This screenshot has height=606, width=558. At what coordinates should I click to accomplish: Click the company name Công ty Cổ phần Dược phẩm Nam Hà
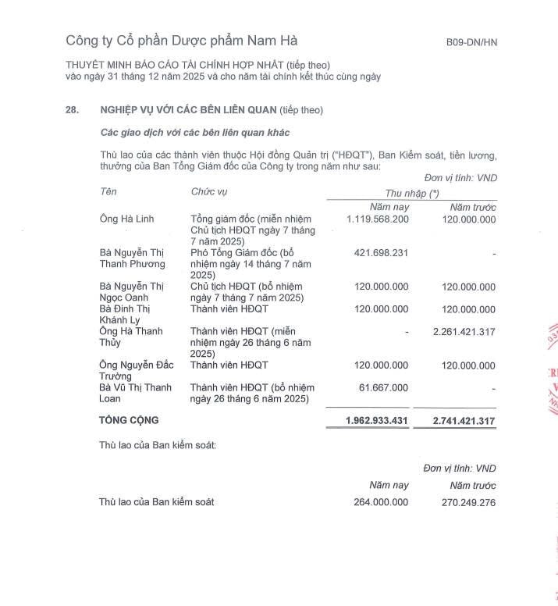click(x=181, y=41)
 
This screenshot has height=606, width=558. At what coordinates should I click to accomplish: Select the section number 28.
click(x=73, y=110)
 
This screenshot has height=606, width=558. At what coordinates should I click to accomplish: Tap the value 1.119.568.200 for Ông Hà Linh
click(x=378, y=219)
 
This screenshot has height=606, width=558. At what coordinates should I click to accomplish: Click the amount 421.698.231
click(x=381, y=253)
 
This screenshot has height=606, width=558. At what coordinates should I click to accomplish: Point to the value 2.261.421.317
click(x=464, y=332)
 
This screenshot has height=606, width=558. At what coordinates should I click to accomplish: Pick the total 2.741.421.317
click(x=464, y=420)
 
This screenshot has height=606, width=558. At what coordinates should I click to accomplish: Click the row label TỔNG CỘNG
click(x=129, y=420)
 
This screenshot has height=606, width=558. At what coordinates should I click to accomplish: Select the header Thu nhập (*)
click(x=411, y=194)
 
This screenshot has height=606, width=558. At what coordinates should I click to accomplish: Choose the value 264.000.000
click(x=381, y=502)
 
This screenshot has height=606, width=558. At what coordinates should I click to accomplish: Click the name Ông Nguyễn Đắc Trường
click(x=137, y=370)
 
